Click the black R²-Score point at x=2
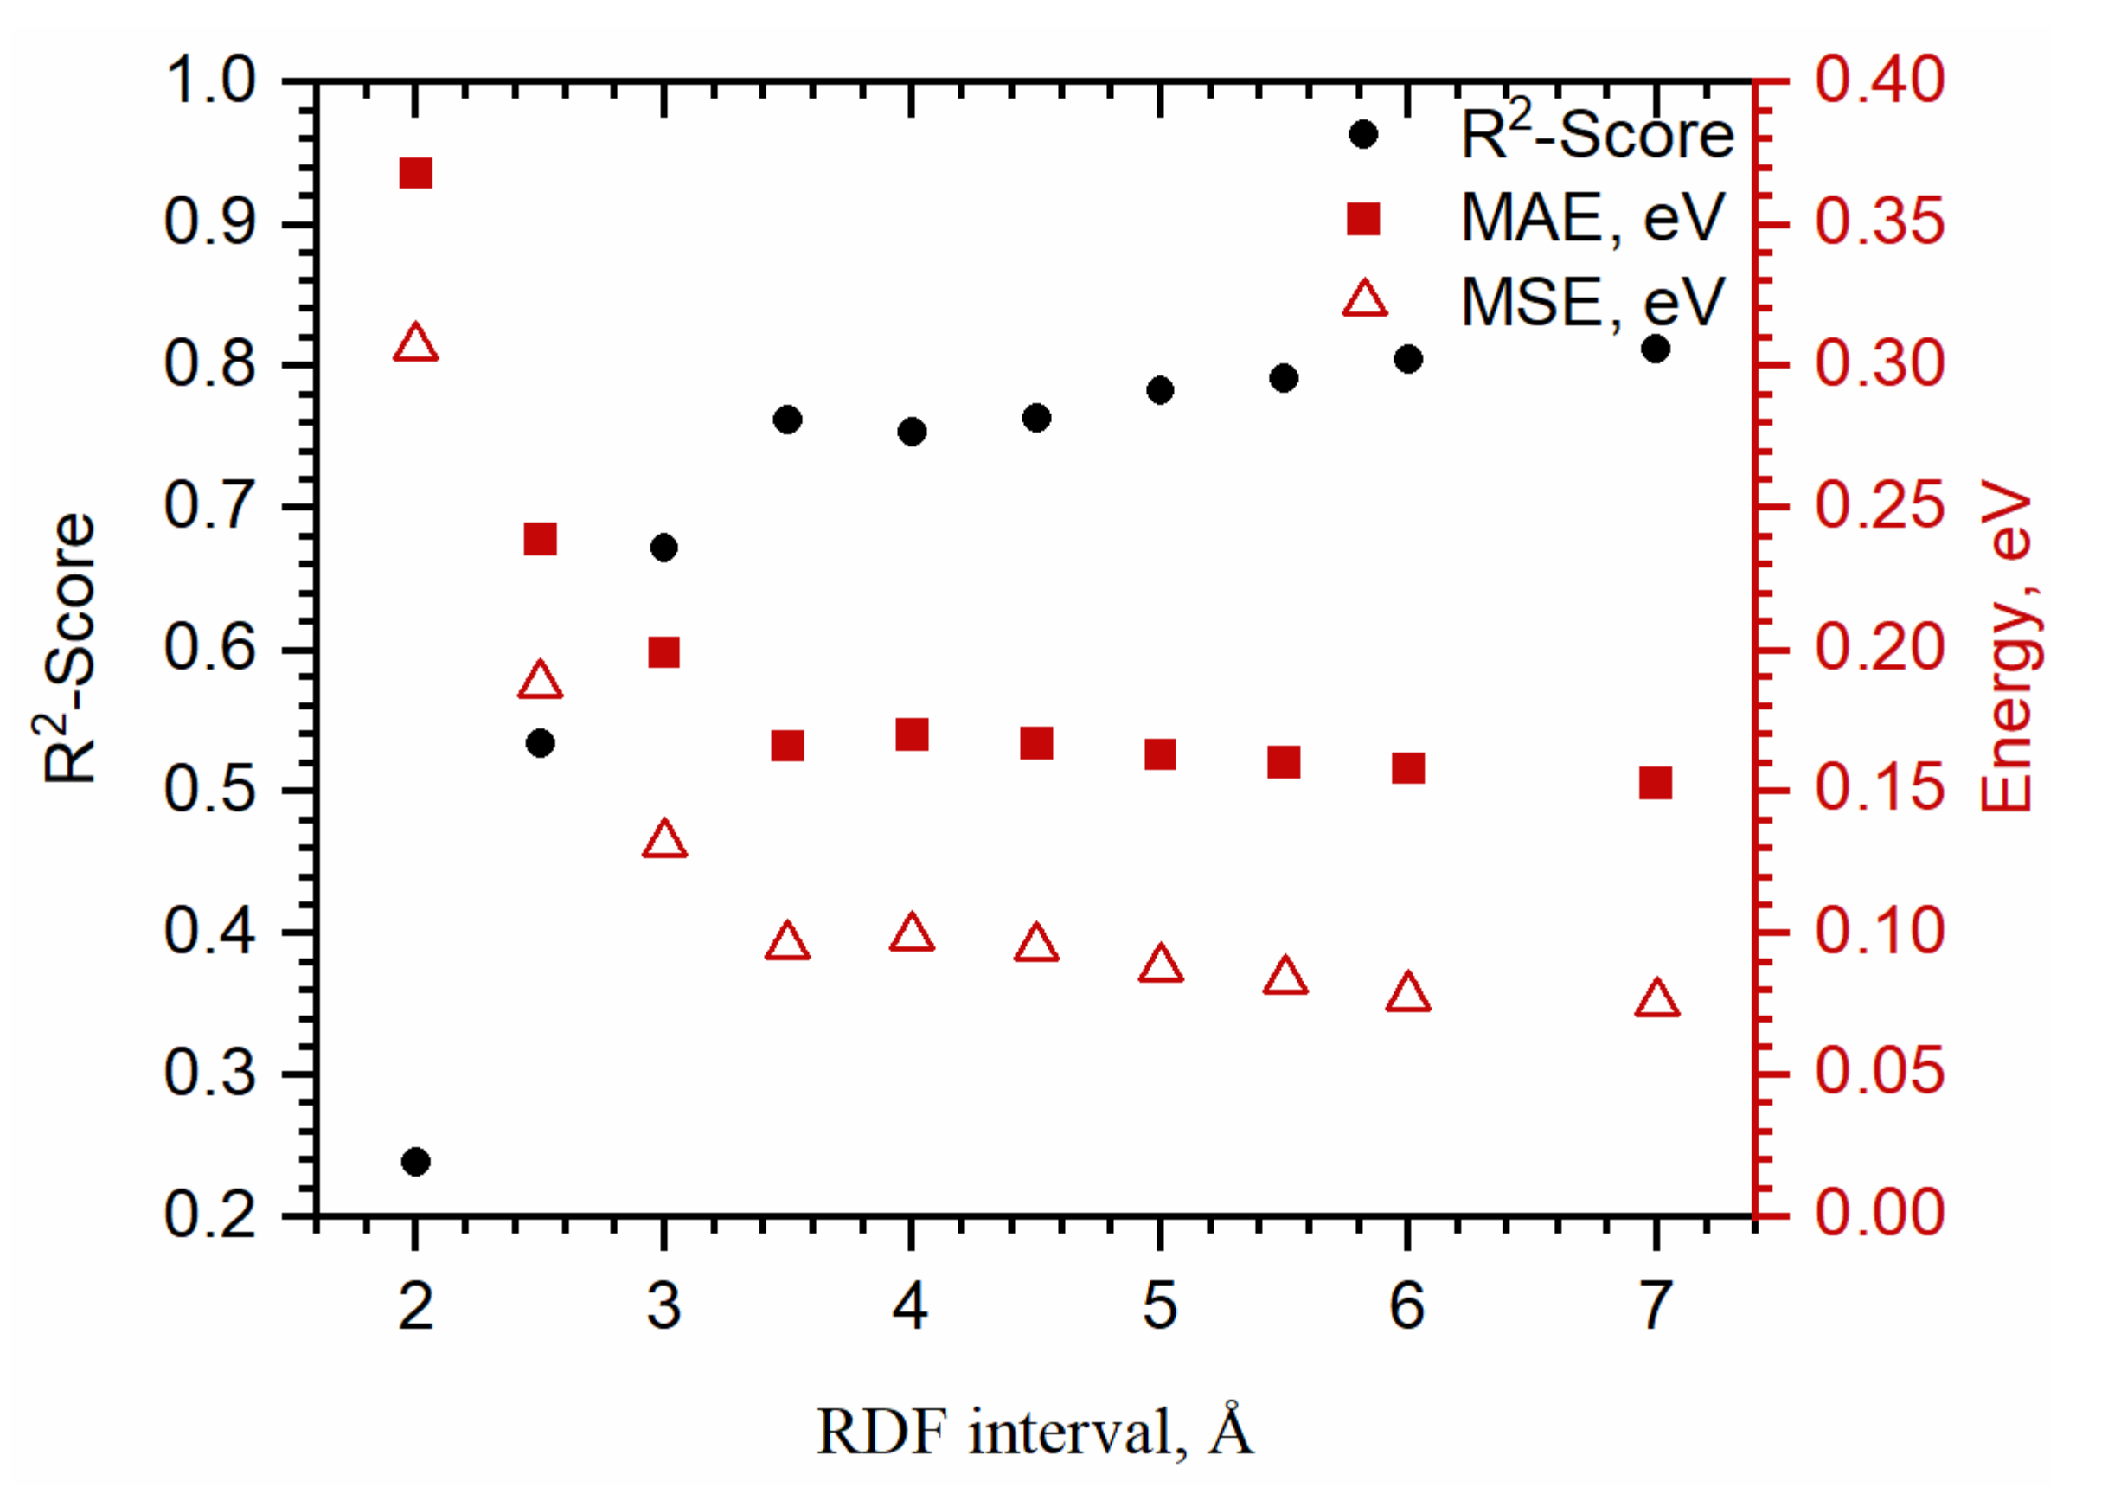[x=416, y=1162]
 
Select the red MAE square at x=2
[x=416, y=173]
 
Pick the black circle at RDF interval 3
[x=664, y=548]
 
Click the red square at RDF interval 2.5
[x=540, y=539]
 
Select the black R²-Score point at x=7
[x=1656, y=349]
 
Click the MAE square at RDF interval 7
[x=1656, y=784]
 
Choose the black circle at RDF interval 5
[x=1160, y=390]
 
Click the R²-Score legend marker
[x=1363, y=134]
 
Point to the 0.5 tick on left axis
[x=208, y=789]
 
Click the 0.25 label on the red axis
[x=1879, y=506]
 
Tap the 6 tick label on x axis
[x=1407, y=1305]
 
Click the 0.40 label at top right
[x=1879, y=80]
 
